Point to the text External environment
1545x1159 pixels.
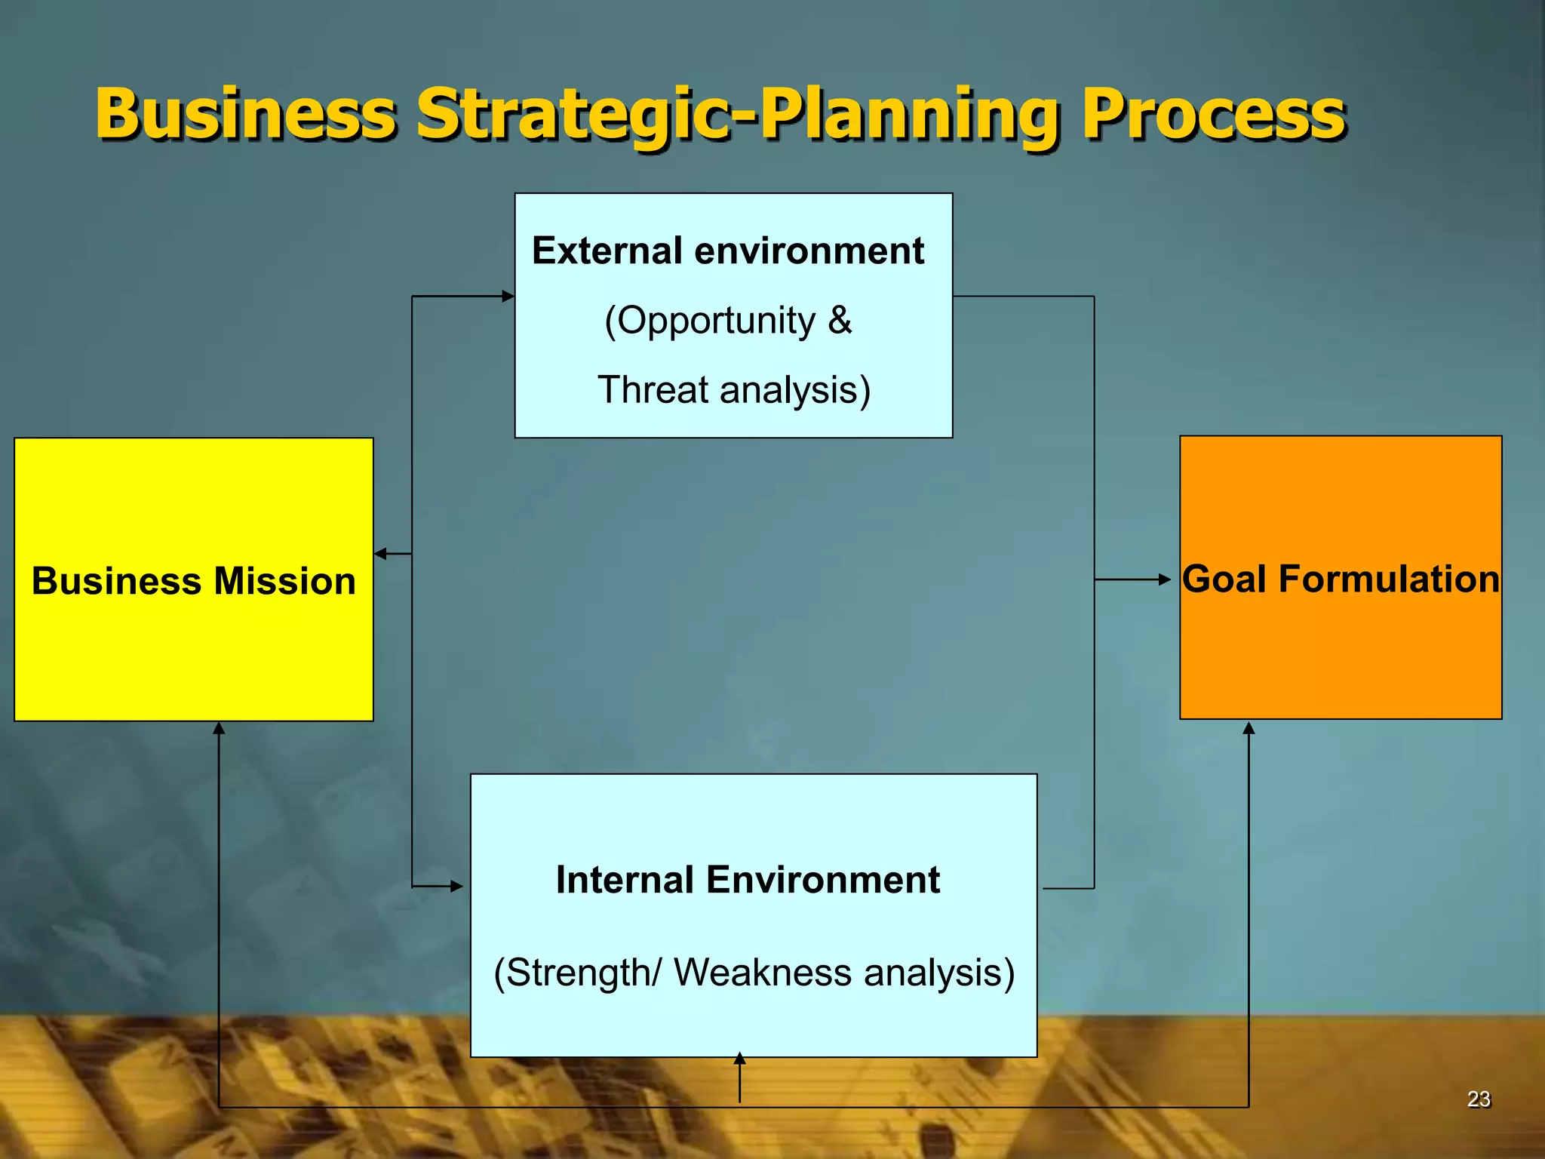pos(727,251)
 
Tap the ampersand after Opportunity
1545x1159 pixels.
pos(840,321)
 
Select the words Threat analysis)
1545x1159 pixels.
pos(734,390)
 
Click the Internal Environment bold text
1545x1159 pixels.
pos(747,880)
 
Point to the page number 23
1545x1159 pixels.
pos(1479,1099)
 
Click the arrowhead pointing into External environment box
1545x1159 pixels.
pos(508,297)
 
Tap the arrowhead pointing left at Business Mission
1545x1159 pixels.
pos(380,554)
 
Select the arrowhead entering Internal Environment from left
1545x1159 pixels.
pos(457,886)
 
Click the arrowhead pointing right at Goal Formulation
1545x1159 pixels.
pos(1165,579)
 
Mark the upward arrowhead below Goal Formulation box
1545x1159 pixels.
pos(1249,728)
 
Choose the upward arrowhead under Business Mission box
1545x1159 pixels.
pos(219,728)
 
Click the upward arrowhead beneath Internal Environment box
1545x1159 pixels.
pos(740,1058)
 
